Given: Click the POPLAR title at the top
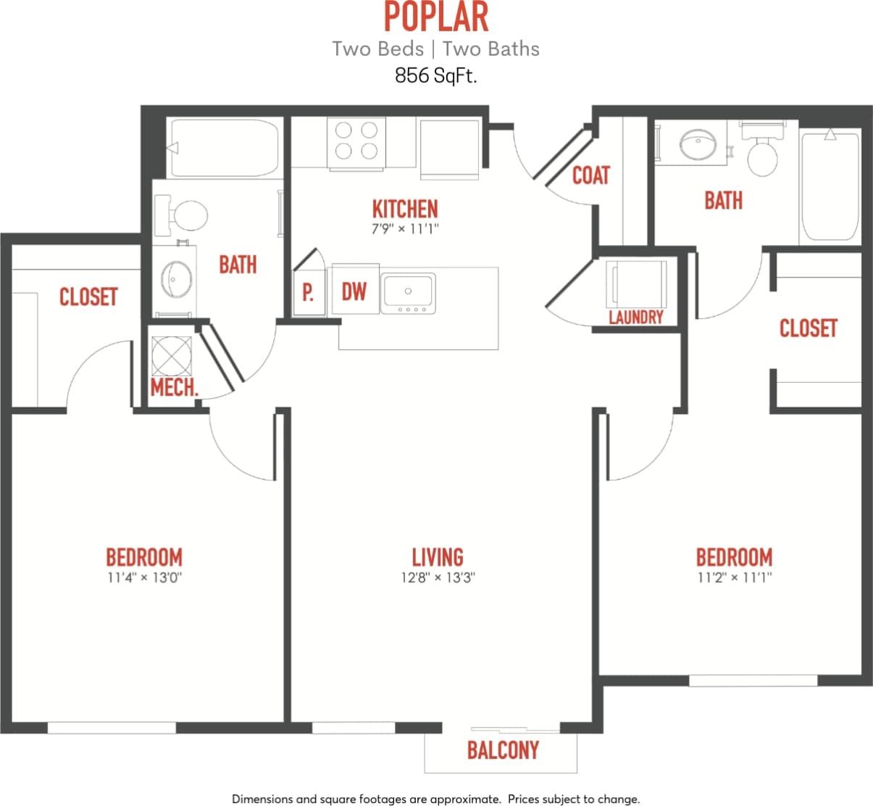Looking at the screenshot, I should pyautogui.click(x=435, y=17).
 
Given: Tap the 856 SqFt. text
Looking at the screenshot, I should pyautogui.click(x=435, y=75).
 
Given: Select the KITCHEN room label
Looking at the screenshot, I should pyautogui.click(x=405, y=209).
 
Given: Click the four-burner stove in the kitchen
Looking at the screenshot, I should pyautogui.click(x=356, y=141).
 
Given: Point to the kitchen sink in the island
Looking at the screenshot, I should pyautogui.click(x=408, y=293).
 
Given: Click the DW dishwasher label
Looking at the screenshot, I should pyautogui.click(x=354, y=291).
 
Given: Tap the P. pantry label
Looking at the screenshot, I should pyautogui.click(x=308, y=292).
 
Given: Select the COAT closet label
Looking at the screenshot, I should pyautogui.click(x=591, y=175).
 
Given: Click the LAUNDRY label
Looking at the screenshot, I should pyautogui.click(x=636, y=317).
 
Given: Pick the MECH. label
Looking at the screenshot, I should pyautogui.click(x=175, y=387).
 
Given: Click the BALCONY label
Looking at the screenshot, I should pyautogui.click(x=503, y=749).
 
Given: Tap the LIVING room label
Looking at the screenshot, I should pyautogui.click(x=438, y=557).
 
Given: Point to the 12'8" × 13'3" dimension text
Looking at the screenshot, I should pyautogui.click(x=438, y=578).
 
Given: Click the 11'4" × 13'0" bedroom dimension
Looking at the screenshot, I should pyautogui.click(x=144, y=578).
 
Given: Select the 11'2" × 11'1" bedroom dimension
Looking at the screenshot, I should pyautogui.click(x=734, y=578).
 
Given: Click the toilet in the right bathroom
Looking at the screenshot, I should pyautogui.click(x=762, y=155).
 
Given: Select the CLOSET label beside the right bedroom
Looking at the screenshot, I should pyautogui.click(x=808, y=328).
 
